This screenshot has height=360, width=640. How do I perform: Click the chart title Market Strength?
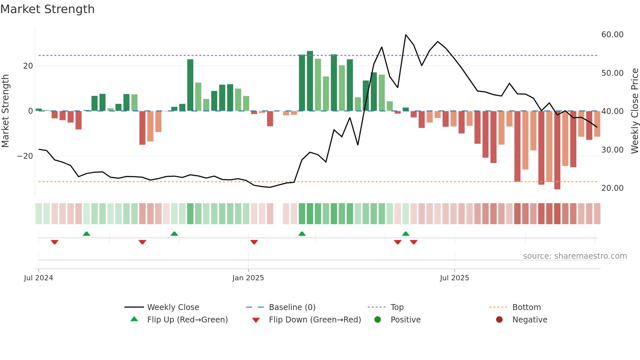pyautogui.click(x=47, y=9)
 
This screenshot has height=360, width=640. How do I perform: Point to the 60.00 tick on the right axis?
pyautogui.click(x=612, y=35)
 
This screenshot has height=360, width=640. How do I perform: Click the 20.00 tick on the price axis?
pyautogui.click(x=612, y=188)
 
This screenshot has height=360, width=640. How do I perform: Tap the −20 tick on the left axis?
pyautogui.click(x=25, y=156)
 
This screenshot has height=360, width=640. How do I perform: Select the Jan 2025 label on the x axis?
pyautogui.click(x=248, y=278)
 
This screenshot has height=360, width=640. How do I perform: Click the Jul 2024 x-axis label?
pyautogui.click(x=39, y=278)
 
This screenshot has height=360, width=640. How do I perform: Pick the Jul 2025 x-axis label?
pyautogui.click(x=454, y=278)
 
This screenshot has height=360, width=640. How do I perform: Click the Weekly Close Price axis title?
pyautogui.click(x=634, y=111)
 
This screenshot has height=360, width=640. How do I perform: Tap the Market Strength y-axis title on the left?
pyautogui.click(x=5, y=111)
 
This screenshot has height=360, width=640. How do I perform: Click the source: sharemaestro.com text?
pyautogui.click(x=575, y=256)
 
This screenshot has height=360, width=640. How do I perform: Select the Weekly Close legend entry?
pyautogui.click(x=173, y=307)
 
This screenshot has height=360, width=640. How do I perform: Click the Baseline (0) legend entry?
pyautogui.click(x=292, y=307)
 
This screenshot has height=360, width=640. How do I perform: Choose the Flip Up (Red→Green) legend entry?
pyautogui.click(x=187, y=320)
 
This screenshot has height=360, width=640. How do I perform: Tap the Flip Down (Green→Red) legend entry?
pyautogui.click(x=315, y=320)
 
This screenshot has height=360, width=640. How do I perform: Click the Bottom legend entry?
pyautogui.click(x=526, y=307)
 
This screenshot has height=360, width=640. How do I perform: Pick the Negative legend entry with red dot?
pyautogui.click(x=530, y=320)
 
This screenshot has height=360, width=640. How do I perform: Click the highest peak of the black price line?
pyautogui.click(x=406, y=35)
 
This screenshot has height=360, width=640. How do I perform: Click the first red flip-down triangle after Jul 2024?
pyautogui.click(x=55, y=242)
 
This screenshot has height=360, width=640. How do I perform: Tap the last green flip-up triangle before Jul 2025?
pyautogui.click(x=406, y=234)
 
